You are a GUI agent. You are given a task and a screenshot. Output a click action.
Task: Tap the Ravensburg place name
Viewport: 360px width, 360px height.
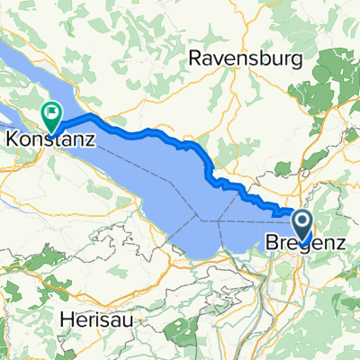point(236,59)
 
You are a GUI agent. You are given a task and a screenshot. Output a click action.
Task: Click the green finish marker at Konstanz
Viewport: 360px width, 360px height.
point(50,114)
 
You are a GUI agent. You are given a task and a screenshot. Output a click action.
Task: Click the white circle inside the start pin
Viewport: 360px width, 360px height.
point(301,221)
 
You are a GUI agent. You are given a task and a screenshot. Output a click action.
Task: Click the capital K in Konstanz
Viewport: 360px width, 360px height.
point(13,139)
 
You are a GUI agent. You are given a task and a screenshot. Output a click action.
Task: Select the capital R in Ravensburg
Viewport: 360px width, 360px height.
point(193,59)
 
